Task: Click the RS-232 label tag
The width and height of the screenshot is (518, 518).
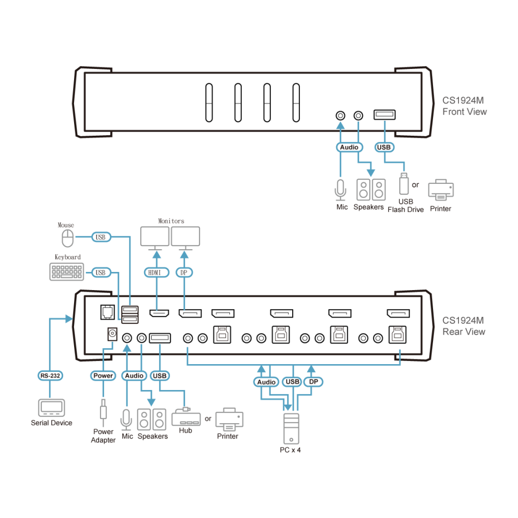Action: point(50,376)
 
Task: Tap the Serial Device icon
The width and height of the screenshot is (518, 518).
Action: point(51,408)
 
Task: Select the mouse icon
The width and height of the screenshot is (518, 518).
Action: point(68,238)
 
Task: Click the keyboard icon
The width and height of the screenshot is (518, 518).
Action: point(67,271)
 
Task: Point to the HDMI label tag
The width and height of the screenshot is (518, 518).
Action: point(156,272)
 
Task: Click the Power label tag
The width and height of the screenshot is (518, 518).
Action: point(103,376)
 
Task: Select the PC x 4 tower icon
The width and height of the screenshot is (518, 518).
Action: point(291,429)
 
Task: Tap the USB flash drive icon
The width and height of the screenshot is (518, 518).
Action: point(404,184)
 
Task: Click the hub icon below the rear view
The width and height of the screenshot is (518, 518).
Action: point(186,417)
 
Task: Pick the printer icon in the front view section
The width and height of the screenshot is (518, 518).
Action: point(441,190)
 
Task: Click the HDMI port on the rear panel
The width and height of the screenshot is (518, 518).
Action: point(159,313)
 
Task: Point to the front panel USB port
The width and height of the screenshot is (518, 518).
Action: point(384,114)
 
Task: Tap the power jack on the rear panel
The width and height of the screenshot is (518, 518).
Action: point(112,334)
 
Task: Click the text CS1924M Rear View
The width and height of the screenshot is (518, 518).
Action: point(464,326)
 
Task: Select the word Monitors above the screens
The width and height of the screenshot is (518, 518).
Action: point(171,221)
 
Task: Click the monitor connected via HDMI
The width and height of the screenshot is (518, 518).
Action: point(154,238)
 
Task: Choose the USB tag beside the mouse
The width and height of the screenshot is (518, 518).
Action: point(101,237)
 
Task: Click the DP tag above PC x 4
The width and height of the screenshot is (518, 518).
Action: point(313,382)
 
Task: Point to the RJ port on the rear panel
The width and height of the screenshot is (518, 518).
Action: point(107,312)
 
